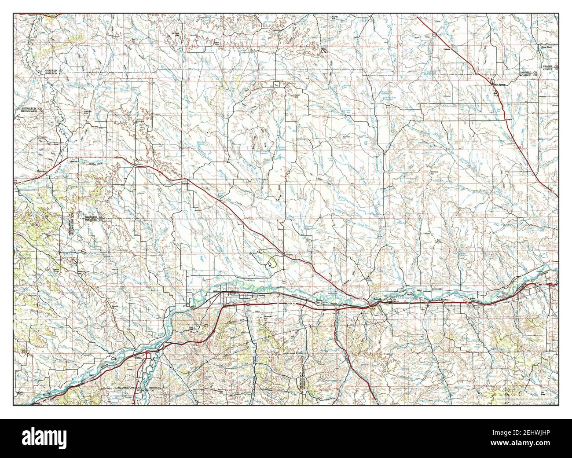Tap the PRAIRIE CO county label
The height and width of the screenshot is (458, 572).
point(550,66)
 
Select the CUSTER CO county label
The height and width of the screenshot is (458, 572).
point(550,69)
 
